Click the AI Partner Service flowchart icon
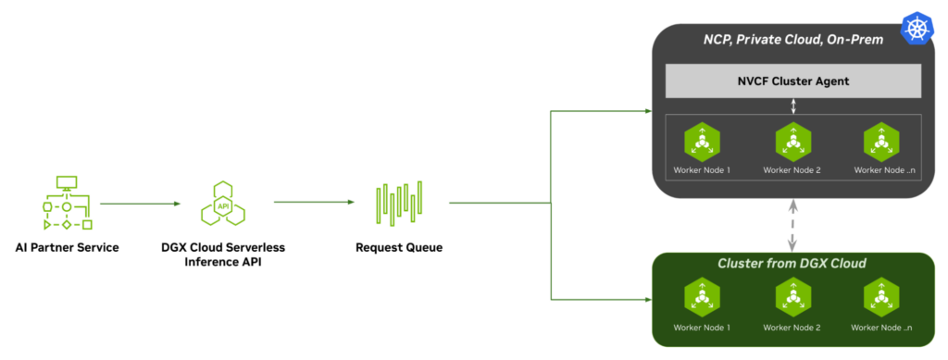[x=67, y=204]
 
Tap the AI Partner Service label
[x=67, y=248]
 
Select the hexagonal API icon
[x=222, y=203]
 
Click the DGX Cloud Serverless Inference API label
[x=222, y=254]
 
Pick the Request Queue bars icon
[x=399, y=203]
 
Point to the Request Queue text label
[x=399, y=248]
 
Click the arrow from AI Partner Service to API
[x=139, y=203]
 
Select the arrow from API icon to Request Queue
[x=315, y=202]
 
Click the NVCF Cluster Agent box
[x=793, y=81]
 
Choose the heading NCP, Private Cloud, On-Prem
[x=792, y=39]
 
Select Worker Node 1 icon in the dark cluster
[x=703, y=142]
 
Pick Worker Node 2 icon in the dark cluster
[x=793, y=142]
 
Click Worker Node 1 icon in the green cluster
[x=703, y=298]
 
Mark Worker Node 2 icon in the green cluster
[x=793, y=298]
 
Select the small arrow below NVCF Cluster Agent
[x=793, y=106]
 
